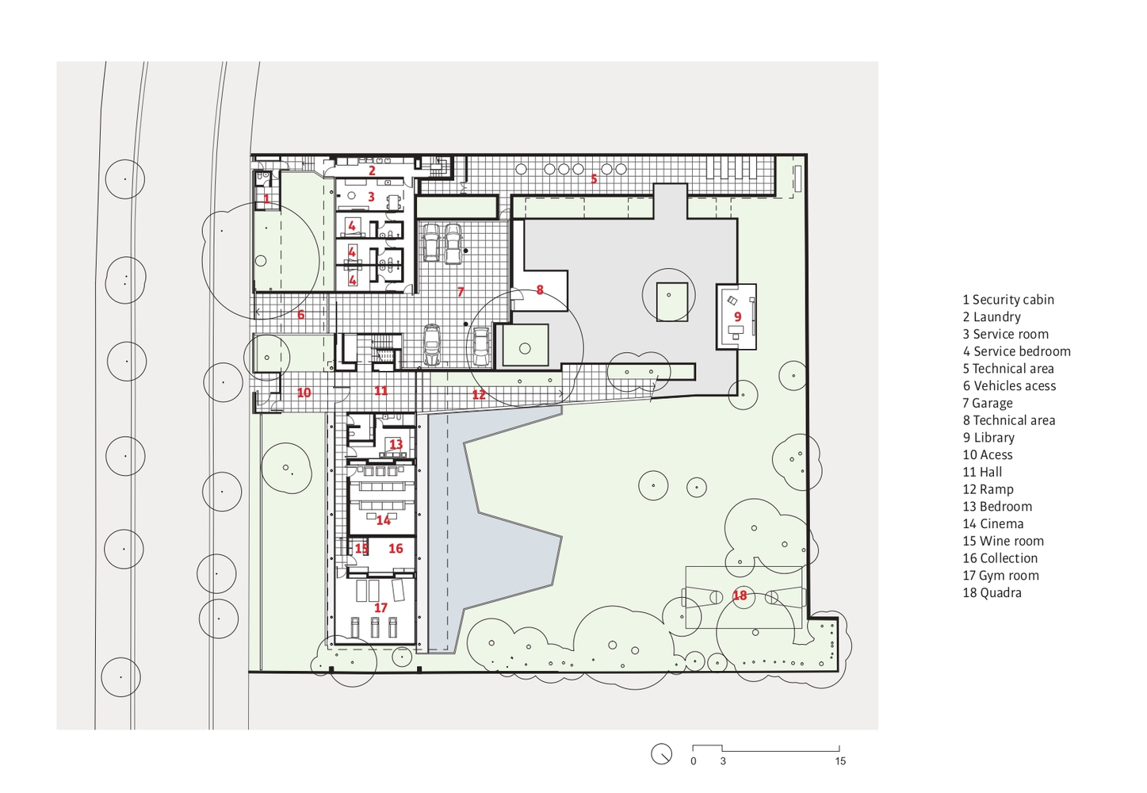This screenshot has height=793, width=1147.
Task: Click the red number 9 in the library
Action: (x=738, y=317)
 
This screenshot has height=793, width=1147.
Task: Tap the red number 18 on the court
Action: (x=740, y=596)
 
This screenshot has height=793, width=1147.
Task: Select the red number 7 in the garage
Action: (x=461, y=292)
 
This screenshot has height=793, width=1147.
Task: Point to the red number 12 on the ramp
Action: (x=479, y=394)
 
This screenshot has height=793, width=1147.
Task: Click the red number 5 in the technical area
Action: (x=594, y=178)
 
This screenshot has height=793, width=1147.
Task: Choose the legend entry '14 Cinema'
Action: (x=993, y=523)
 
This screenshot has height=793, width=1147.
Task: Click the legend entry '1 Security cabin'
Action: (x=1008, y=300)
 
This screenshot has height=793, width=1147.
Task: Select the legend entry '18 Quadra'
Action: (x=992, y=592)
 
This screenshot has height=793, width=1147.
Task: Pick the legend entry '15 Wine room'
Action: (x=1003, y=541)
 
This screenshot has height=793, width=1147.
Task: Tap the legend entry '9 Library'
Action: (x=988, y=438)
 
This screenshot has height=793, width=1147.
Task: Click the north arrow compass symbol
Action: (x=661, y=754)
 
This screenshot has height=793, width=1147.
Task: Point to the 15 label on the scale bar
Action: (x=840, y=761)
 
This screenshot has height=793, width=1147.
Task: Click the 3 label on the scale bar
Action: (x=723, y=761)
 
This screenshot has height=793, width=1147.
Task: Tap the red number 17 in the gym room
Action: (x=380, y=607)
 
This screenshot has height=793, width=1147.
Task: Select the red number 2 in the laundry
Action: (x=373, y=170)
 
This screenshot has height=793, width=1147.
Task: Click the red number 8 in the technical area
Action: (x=540, y=290)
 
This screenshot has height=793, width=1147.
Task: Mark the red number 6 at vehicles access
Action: (x=300, y=315)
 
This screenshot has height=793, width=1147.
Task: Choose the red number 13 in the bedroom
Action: (x=396, y=444)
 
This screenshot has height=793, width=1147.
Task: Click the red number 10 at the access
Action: (x=304, y=393)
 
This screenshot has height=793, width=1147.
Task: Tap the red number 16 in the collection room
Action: (x=396, y=548)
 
